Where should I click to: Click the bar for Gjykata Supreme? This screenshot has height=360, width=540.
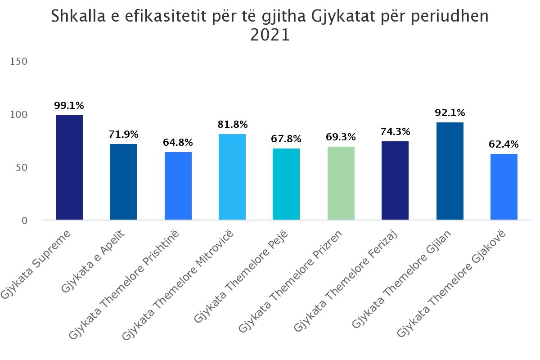tap(69, 167)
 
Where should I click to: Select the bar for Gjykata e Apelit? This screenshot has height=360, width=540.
tap(123, 182)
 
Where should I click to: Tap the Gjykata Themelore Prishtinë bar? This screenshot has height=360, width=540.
tap(178, 186)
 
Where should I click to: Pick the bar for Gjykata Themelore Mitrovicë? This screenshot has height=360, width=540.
tap(232, 177)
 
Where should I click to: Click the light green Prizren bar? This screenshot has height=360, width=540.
tap(341, 183)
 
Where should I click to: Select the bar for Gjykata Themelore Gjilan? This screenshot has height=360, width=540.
tap(450, 171)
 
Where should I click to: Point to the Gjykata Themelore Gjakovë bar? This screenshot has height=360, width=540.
tap(504, 187)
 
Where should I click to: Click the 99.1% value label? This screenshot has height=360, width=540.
tap(69, 106)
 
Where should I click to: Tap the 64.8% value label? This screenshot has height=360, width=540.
tap(178, 143)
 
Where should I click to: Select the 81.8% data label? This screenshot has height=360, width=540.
tap(232, 125)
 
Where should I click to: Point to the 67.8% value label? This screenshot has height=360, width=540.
tap(286, 139)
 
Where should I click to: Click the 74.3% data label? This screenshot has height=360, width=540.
tap(395, 132)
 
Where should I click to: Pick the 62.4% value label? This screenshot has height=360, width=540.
tap(504, 144)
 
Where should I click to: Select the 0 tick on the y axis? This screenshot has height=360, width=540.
tap(24, 220)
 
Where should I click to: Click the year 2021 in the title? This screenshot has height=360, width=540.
tap(270, 35)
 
